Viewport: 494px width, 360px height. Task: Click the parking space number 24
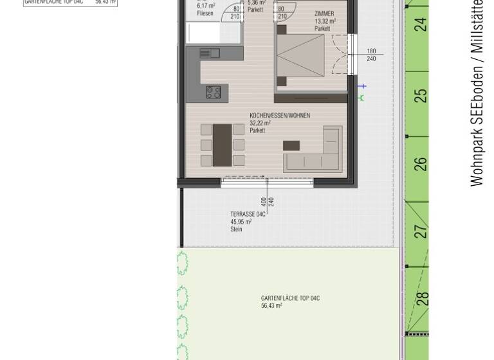[420, 25]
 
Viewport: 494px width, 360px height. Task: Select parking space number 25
[420, 95]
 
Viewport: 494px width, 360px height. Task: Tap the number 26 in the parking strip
[420, 164]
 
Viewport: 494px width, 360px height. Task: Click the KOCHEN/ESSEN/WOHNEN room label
[279, 116]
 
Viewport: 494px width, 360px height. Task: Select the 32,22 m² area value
[260, 123]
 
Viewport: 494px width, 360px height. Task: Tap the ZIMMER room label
[324, 14]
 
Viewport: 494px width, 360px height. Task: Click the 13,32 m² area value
[325, 21]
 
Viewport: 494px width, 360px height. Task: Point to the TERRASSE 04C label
[248, 215]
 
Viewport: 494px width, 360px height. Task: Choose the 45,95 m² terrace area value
[241, 222]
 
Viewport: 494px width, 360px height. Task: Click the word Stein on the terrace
[236, 230]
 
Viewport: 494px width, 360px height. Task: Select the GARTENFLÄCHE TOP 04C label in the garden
[290, 298]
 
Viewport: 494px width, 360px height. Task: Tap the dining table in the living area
[223, 145]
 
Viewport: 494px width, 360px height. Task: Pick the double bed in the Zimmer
[300, 56]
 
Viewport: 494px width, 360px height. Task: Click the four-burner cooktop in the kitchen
[214, 92]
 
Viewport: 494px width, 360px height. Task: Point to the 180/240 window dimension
[371, 55]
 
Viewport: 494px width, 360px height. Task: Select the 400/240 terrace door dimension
[268, 202]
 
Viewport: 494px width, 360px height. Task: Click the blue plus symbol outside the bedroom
[363, 86]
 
